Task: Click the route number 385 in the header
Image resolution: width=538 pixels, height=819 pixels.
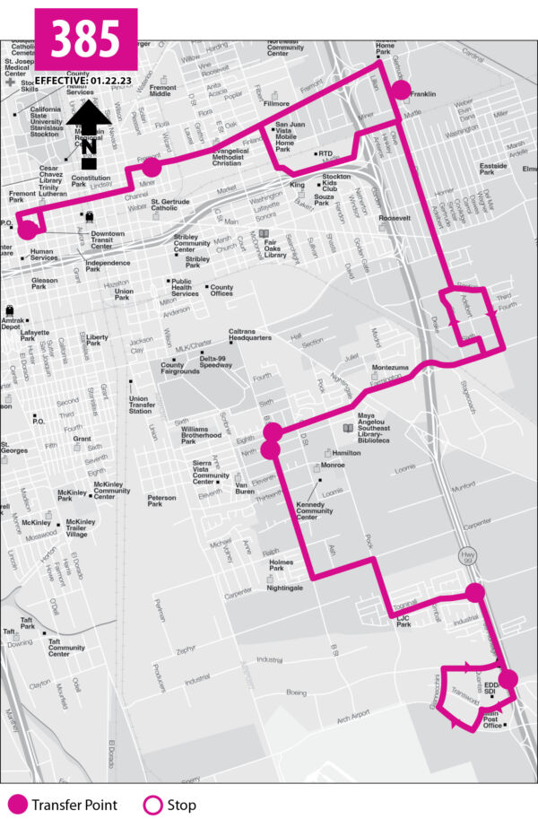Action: (86, 39)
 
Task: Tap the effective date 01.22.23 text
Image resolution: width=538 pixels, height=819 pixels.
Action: (86, 81)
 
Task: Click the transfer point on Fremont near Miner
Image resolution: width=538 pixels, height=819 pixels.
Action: (151, 167)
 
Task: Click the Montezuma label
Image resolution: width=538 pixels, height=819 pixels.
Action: (390, 369)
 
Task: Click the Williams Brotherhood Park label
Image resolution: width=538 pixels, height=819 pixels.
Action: (199, 435)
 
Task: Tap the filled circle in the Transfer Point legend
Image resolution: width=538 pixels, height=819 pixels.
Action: (16, 805)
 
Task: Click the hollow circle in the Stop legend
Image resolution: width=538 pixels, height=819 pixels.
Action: (152, 805)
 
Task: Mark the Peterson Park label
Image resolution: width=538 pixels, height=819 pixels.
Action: (161, 501)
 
